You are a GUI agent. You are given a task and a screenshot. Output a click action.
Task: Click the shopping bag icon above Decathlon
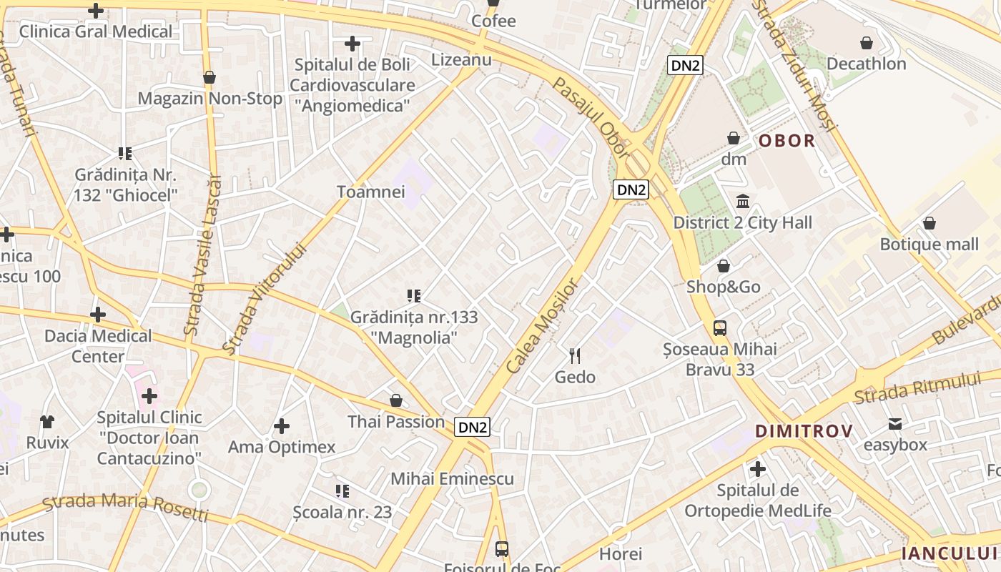point(867,43)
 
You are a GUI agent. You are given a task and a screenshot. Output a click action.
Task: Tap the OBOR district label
point(786,141)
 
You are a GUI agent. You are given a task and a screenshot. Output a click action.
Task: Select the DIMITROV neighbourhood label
point(804,431)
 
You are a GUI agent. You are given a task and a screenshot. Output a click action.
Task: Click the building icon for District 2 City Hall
point(743,201)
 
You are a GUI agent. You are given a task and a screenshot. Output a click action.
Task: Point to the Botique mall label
point(929,245)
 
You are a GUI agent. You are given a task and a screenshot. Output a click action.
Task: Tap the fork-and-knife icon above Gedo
point(575,355)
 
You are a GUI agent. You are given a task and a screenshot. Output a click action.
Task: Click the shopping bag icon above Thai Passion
point(396,400)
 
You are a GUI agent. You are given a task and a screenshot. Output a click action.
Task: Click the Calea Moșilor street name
point(541,326)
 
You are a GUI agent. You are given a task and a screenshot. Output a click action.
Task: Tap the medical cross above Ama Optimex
point(282,426)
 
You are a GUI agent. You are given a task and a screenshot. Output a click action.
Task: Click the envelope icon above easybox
point(895,424)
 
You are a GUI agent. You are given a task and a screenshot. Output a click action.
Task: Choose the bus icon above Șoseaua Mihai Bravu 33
point(720,328)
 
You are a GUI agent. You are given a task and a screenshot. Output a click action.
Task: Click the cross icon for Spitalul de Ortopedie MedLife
point(758,470)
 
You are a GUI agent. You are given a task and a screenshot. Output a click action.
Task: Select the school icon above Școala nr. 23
point(342,491)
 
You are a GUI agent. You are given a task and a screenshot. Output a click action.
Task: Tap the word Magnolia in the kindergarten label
point(414,337)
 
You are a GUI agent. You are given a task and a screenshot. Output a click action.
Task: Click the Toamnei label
point(371,192)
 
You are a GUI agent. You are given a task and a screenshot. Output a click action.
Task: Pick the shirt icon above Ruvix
point(47,421)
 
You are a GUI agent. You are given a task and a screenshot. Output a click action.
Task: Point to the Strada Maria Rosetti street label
point(126,506)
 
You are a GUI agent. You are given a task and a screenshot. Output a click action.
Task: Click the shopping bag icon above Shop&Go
point(724,266)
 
